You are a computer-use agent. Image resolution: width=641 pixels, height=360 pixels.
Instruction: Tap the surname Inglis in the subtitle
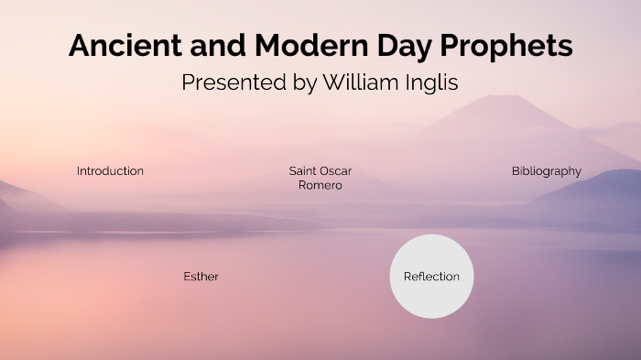[x=429, y=82]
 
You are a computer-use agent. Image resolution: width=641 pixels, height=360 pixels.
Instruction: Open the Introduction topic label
[x=110, y=171]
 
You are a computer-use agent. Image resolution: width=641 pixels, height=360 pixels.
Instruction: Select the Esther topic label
[x=201, y=277]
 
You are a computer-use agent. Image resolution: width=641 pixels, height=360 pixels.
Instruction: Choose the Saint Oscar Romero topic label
[x=320, y=178]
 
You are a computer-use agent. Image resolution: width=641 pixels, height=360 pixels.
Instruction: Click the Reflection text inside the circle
[x=431, y=277]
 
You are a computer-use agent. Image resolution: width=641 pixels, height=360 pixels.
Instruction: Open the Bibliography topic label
[x=547, y=171]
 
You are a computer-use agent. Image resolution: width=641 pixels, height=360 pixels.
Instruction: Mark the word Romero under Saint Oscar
[x=320, y=186]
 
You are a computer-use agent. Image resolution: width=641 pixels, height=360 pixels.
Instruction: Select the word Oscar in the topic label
[x=336, y=171]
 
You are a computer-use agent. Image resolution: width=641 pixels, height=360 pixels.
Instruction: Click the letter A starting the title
[x=80, y=46]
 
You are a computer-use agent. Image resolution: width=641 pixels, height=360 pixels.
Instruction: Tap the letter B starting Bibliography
[x=516, y=171]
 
